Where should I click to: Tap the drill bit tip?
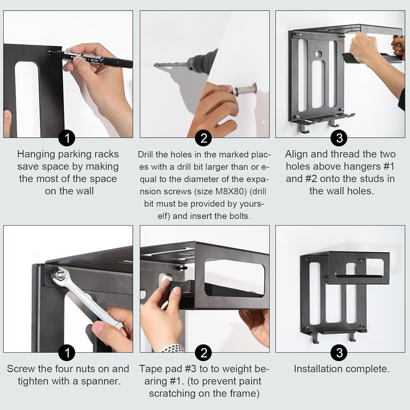(154, 65)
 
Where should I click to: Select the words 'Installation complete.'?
(341, 369)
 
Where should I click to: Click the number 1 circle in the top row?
(67, 138)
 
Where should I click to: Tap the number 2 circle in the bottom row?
(204, 353)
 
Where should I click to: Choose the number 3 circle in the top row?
(339, 138)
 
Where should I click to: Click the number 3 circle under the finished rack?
(339, 353)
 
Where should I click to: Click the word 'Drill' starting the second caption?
(145, 155)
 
